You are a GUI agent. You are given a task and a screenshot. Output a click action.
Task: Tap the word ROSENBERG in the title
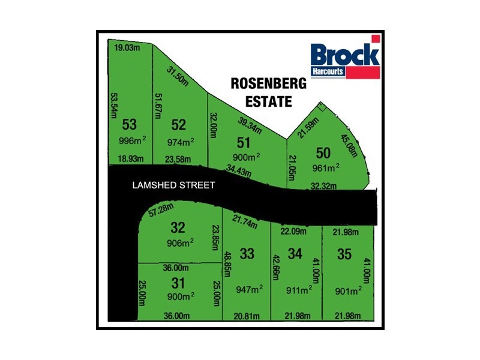(x=269, y=85)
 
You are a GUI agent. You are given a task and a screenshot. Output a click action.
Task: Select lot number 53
(x=129, y=125)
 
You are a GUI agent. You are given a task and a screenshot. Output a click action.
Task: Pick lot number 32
(x=178, y=227)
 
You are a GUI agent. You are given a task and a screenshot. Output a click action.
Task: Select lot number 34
(x=295, y=254)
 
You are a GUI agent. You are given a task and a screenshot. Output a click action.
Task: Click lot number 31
(x=178, y=282)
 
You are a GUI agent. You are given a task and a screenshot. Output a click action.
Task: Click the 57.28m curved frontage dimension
(x=160, y=211)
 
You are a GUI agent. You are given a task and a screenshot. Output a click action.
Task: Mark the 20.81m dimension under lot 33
(x=247, y=316)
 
